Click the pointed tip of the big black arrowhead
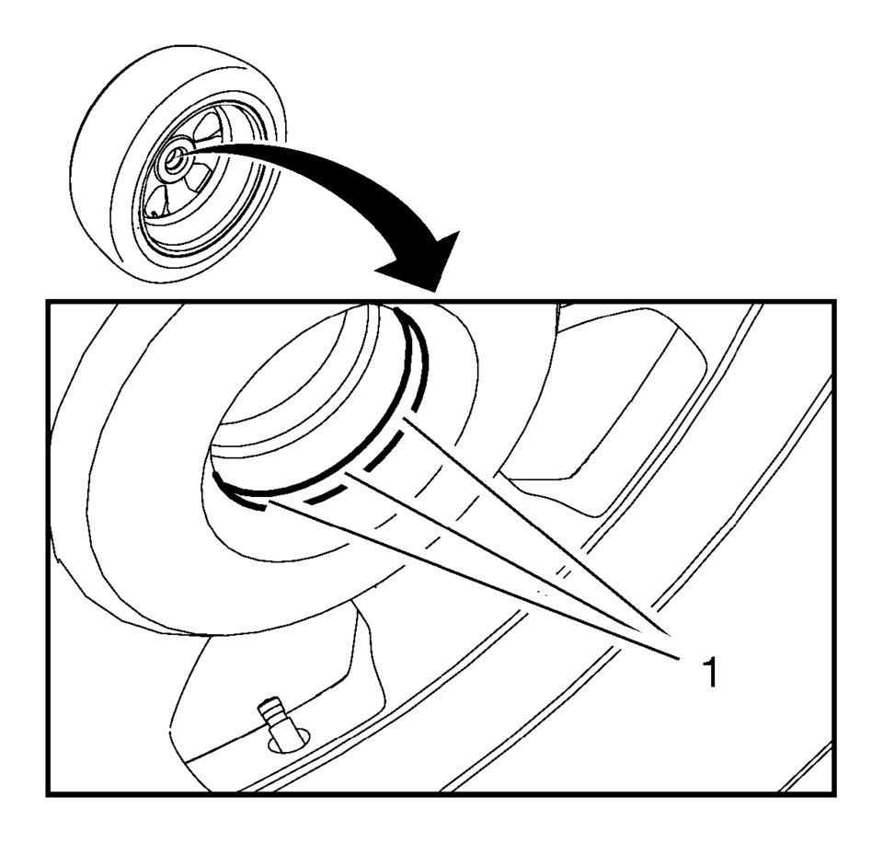tap(435, 292)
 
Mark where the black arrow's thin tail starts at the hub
tap(179, 154)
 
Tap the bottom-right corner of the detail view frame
tap(834, 795)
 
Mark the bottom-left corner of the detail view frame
tap(48, 795)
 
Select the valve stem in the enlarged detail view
tap(276, 723)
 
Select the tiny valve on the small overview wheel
tap(153, 213)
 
